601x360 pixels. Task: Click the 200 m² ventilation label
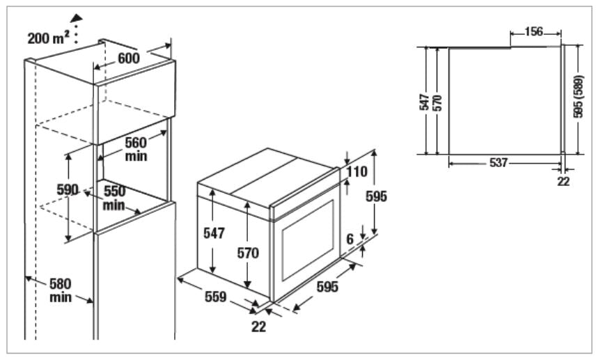(47, 38)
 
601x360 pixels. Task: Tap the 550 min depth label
(114, 197)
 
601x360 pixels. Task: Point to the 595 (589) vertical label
(579, 97)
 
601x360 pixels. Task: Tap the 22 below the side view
(563, 181)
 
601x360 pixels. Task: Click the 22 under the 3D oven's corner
(258, 325)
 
